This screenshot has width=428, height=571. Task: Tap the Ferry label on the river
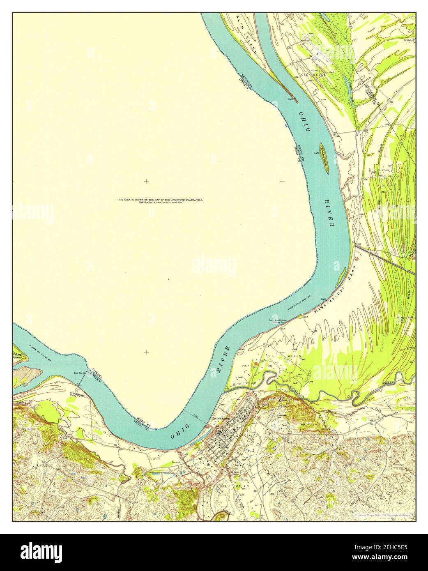coord(195,416)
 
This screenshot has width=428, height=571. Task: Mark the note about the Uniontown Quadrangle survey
coord(160,201)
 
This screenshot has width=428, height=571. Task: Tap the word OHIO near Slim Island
coord(304,122)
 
